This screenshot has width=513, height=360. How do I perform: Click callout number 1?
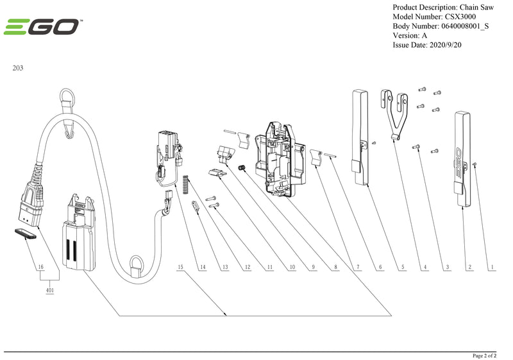(x=492, y=266)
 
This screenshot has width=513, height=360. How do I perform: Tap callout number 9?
(x=314, y=266)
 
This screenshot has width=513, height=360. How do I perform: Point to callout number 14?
(x=203, y=266)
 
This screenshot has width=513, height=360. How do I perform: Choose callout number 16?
(x=40, y=266)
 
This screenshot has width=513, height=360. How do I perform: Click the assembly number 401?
(x=49, y=290)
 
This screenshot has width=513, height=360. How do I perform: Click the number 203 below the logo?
(x=18, y=67)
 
